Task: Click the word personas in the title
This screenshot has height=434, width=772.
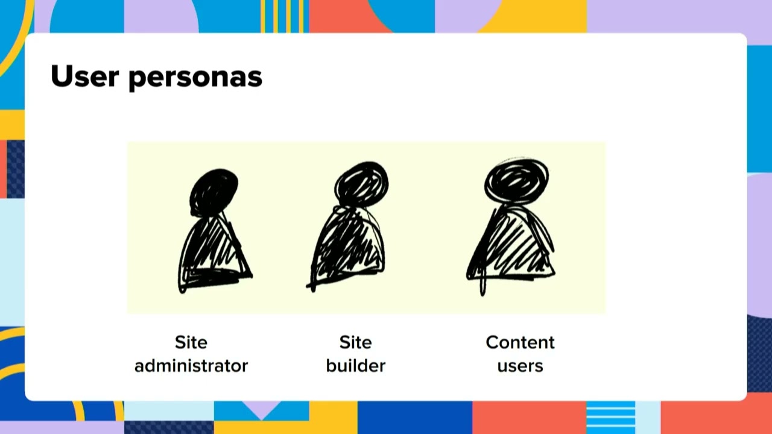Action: (195, 78)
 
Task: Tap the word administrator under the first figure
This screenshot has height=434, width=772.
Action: (191, 365)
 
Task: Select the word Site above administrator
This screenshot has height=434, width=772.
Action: (191, 342)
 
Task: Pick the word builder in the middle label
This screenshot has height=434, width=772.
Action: (355, 365)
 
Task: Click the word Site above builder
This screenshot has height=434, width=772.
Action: (355, 342)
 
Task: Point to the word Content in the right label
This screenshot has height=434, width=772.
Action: (520, 342)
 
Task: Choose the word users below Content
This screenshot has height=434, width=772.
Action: (520, 366)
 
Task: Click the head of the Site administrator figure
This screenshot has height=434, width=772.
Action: (214, 192)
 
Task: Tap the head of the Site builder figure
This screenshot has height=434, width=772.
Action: (361, 183)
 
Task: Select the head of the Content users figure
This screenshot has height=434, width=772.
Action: (517, 180)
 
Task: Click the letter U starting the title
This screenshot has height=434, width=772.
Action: (61, 77)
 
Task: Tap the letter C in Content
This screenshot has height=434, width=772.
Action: (493, 342)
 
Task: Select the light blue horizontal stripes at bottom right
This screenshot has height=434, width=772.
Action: (610, 417)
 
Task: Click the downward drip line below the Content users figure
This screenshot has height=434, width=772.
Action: (482, 286)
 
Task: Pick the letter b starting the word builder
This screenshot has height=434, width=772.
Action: (331, 365)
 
